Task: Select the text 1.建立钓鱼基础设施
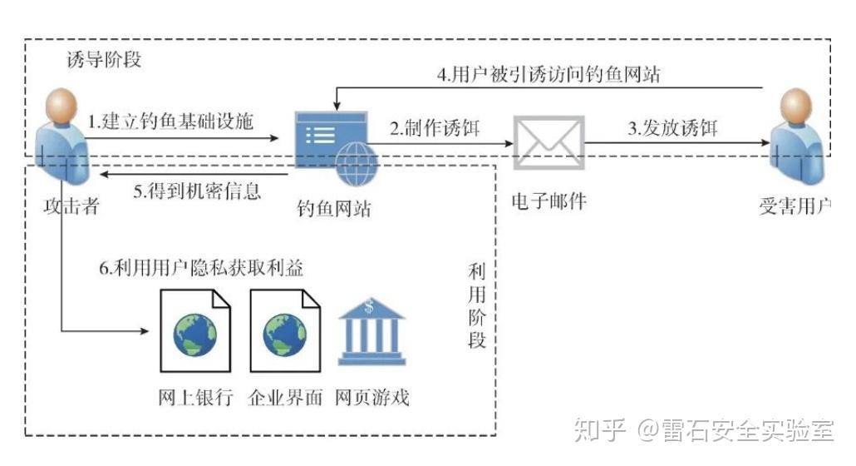pos(171,121)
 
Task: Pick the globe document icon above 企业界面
pos(284,332)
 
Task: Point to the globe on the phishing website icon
pos(355,161)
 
